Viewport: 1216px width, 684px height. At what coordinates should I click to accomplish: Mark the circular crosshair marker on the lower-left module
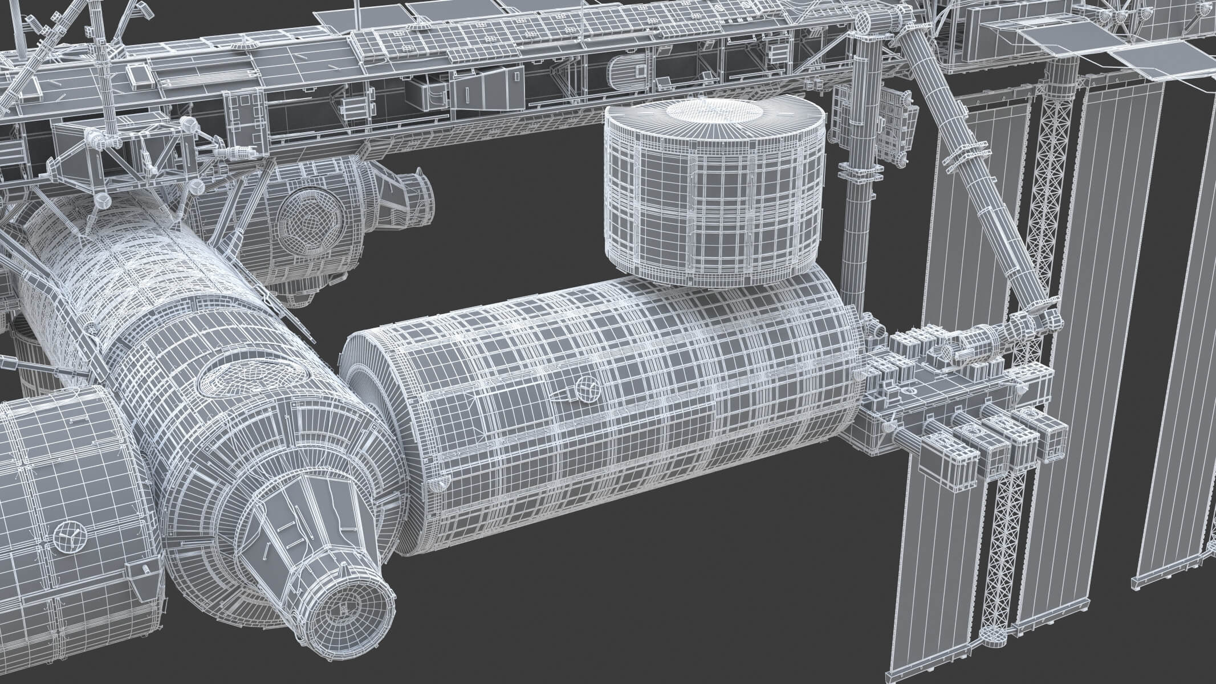coord(67,538)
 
